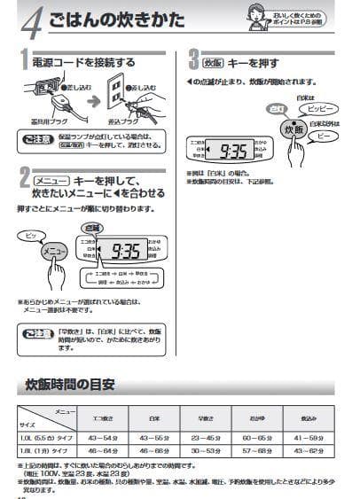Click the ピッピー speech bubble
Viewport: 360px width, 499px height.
tap(320, 105)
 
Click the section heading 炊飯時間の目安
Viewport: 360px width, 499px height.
tap(70, 385)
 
